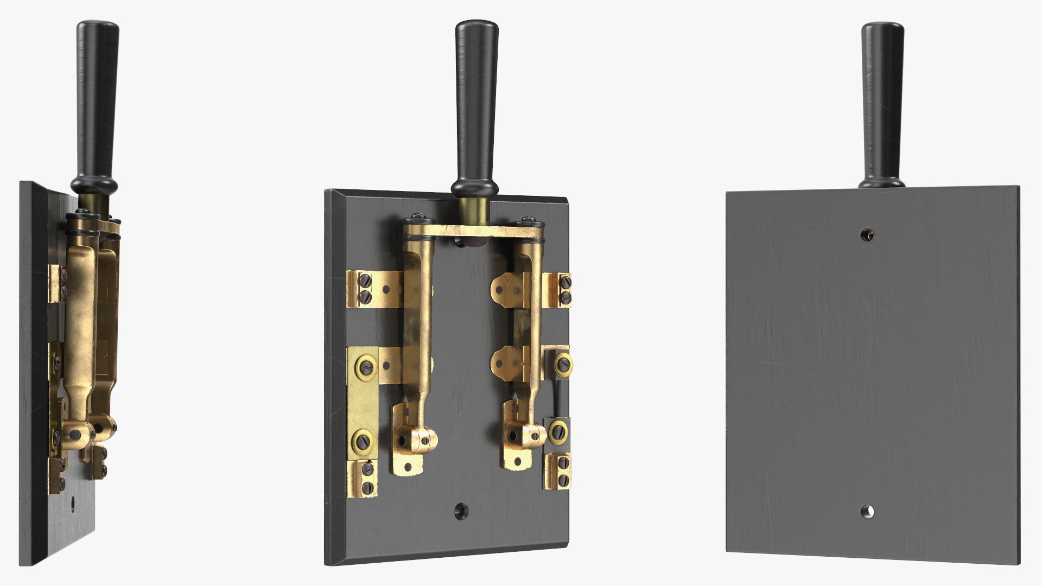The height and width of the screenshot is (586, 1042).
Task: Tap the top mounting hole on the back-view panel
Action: pyautogui.click(x=867, y=234)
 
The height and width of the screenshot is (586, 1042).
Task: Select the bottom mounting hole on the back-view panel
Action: pyautogui.click(x=867, y=511)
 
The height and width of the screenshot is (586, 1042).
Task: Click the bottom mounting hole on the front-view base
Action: pyautogui.click(x=461, y=511)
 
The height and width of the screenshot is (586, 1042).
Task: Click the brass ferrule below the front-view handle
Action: pyautogui.click(x=474, y=209)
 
